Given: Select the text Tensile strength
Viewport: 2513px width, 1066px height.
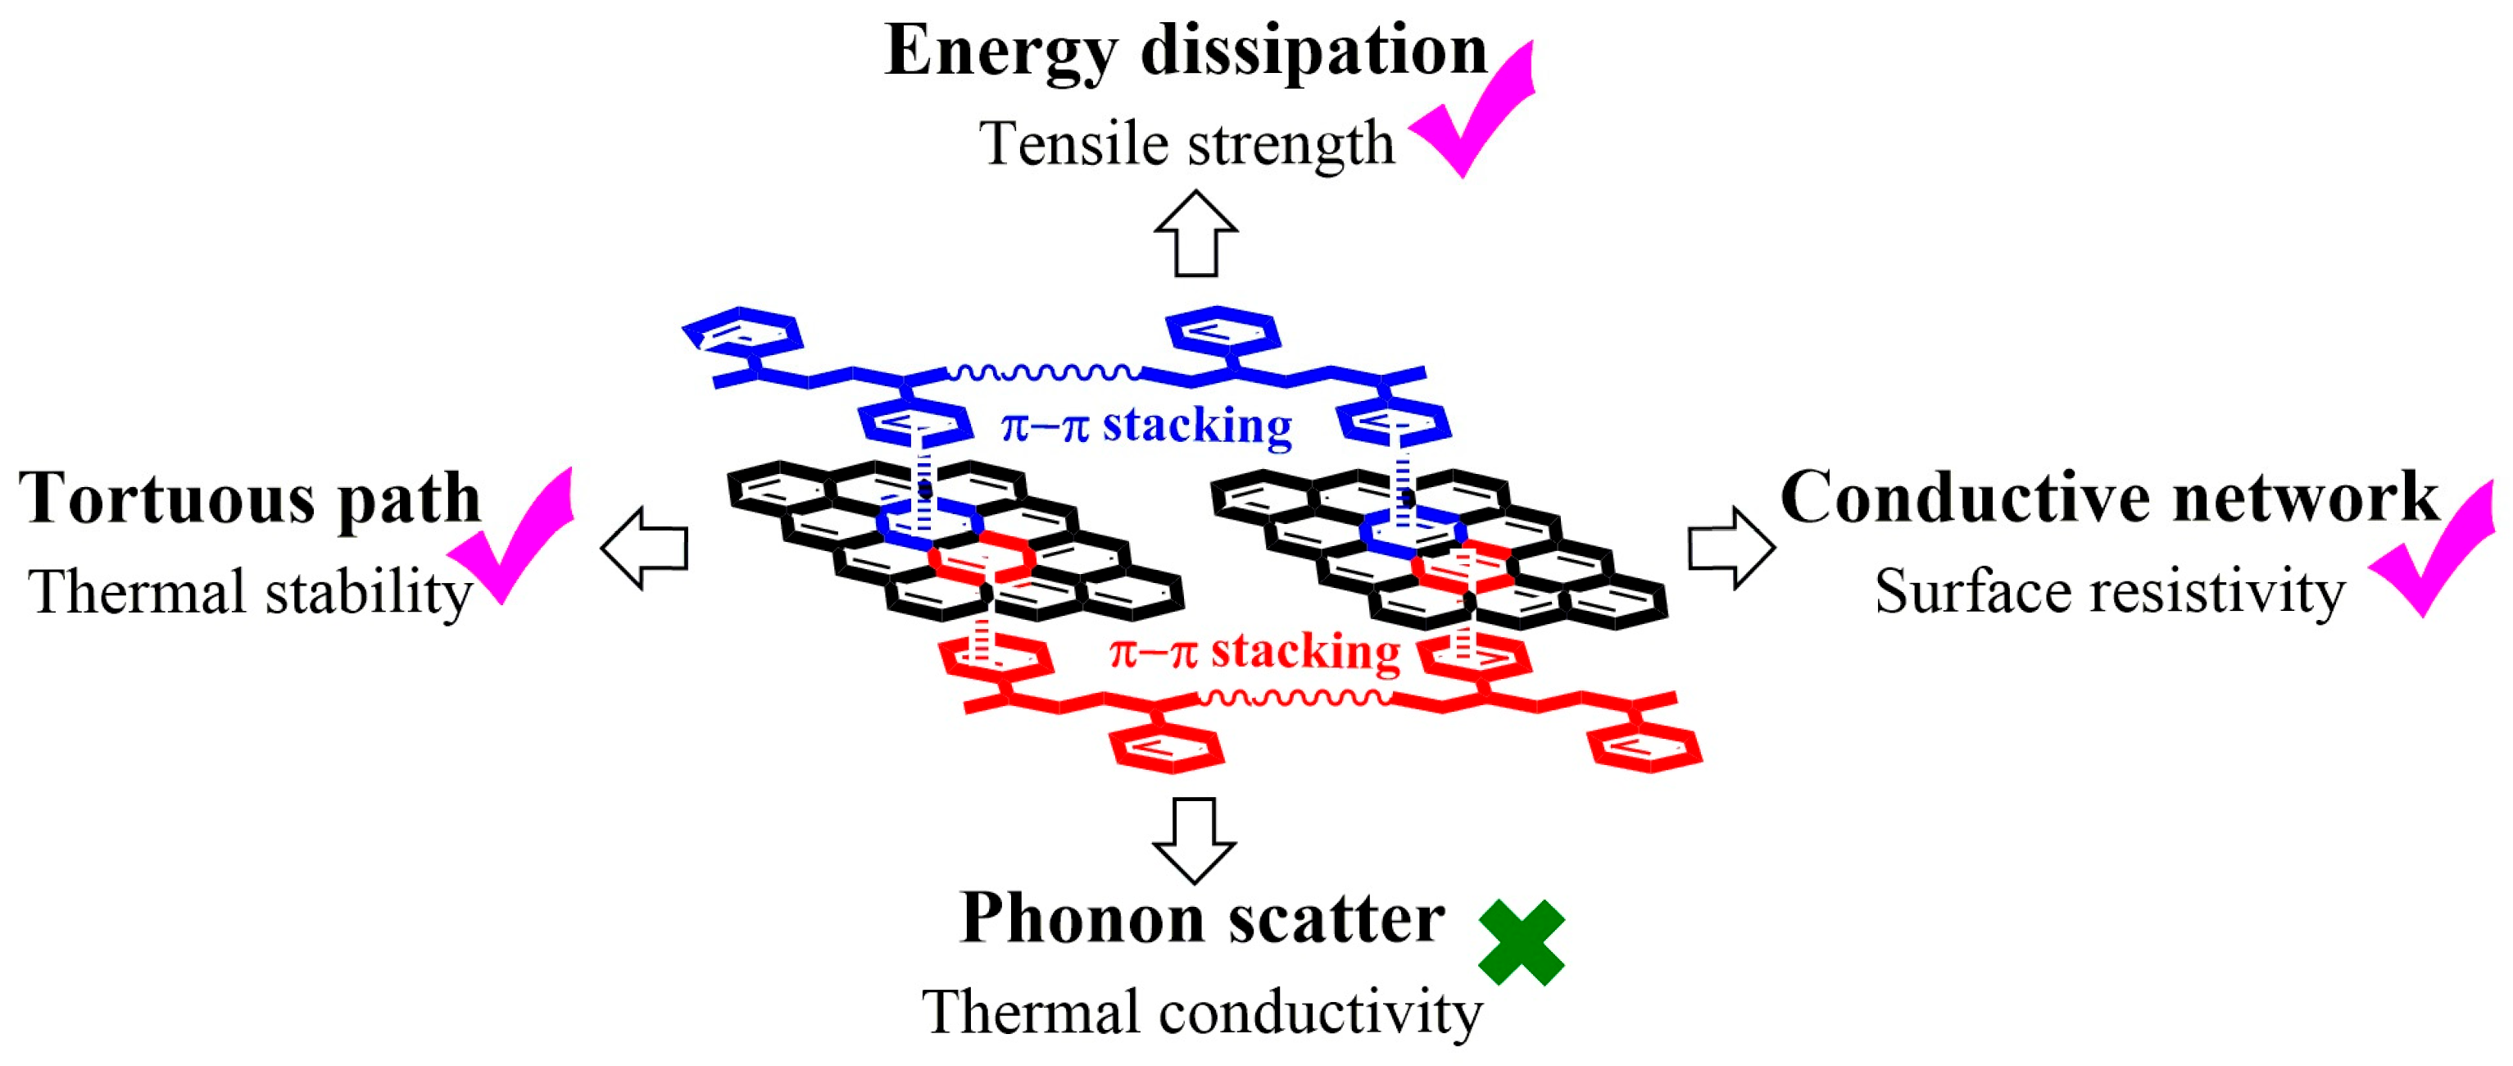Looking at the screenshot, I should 1186,144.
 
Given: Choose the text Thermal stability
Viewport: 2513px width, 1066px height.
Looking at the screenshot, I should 251,593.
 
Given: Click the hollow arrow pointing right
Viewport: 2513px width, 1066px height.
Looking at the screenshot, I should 1731,548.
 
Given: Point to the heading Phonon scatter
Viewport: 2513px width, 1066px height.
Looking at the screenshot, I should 1202,918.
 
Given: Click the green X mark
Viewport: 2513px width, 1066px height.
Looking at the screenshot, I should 1521,943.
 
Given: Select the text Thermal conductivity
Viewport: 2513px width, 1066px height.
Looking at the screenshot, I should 1202,1013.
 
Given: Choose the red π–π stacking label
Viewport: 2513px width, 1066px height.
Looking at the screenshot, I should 1254,652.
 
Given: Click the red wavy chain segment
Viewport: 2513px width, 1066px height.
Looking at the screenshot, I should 1295,697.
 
